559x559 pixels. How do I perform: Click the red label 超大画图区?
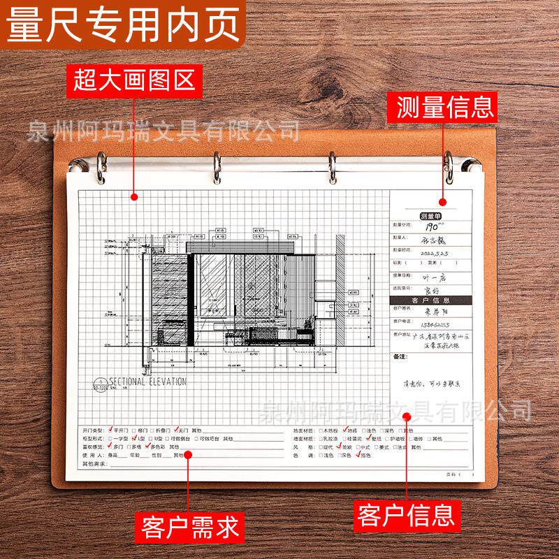pyautogui.click(x=133, y=81)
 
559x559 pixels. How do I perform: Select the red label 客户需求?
pyautogui.click(x=189, y=523)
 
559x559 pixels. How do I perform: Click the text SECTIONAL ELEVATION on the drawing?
pyautogui.click(x=146, y=382)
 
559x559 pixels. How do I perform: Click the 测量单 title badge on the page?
pyautogui.click(x=430, y=216)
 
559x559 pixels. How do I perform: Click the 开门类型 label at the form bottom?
pyautogui.click(x=93, y=430)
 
